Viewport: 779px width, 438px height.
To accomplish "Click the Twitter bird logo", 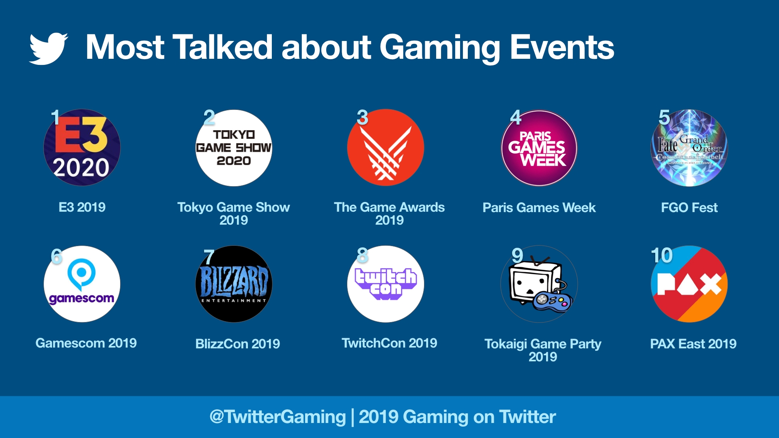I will (x=48, y=49).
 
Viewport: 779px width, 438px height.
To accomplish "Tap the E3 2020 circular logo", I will (x=82, y=148).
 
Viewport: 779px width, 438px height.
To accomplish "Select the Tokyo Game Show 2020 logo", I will (x=234, y=148).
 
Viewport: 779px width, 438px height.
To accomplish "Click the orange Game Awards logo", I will (x=385, y=148).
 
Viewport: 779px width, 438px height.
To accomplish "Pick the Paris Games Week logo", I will (x=539, y=148).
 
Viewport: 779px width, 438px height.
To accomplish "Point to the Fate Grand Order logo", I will (x=689, y=148).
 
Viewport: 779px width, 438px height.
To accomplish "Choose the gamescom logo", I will (x=82, y=284).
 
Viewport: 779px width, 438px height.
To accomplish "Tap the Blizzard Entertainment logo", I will (x=234, y=284).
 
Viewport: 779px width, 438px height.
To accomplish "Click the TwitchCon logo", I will (x=385, y=284).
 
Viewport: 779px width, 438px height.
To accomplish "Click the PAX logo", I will (x=689, y=284).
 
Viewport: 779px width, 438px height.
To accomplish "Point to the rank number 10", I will (x=662, y=255).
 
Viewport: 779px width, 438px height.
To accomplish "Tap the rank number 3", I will (x=362, y=118).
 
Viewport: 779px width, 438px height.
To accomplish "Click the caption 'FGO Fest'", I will (x=689, y=208).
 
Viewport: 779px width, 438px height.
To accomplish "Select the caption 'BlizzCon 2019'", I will (x=237, y=344).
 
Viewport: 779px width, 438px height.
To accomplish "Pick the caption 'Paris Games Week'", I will (x=539, y=208).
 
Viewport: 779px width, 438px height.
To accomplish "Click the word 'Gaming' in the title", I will (x=440, y=48).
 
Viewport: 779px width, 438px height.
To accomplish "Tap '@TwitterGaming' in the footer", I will (x=278, y=417).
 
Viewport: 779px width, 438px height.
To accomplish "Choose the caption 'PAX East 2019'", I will (x=693, y=344).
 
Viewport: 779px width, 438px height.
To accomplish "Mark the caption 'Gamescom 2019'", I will (x=86, y=343).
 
